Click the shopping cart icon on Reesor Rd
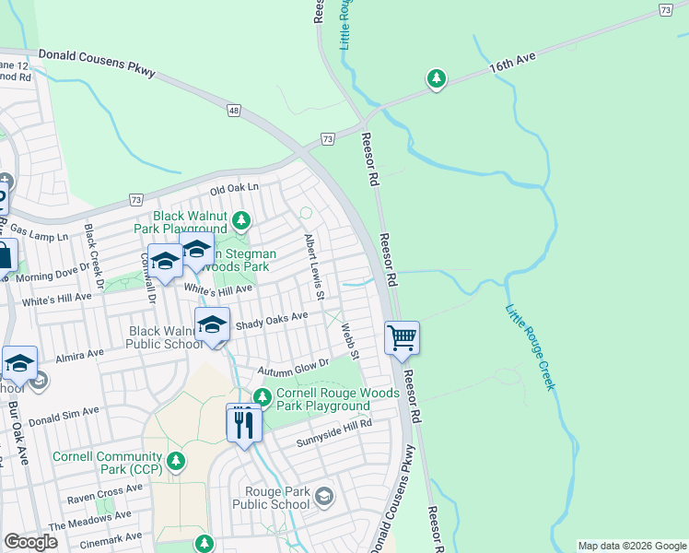[402, 337]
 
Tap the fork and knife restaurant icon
[244, 423]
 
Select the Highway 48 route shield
[235, 110]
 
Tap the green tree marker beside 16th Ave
[436, 80]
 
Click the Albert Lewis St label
[315, 267]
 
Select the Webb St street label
[349, 341]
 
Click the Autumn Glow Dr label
[292, 366]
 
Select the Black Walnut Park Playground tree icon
[241, 219]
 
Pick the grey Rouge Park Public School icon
[323, 498]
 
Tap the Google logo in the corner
[30, 542]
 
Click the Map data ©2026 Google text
[631, 546]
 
